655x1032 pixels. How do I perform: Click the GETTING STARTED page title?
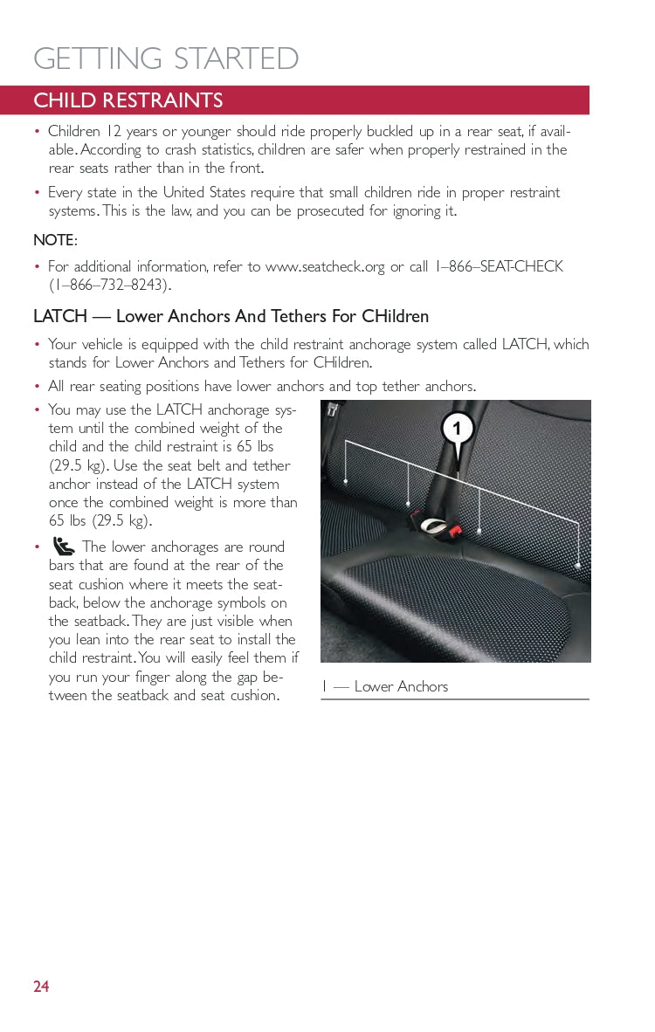(166, 58)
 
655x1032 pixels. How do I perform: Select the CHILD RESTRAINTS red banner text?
(128, 100)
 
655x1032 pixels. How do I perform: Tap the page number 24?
(41, 987)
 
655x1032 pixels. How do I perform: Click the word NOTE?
(54, 240)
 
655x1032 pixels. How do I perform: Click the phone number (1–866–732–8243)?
(110, 285)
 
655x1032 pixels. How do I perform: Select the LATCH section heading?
(231, 316)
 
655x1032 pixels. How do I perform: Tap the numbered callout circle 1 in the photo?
(458, 429)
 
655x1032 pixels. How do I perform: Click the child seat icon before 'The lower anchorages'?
(64, 547)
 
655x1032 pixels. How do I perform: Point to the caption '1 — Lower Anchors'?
(384, 686)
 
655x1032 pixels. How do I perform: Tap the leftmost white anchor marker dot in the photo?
(347, 482)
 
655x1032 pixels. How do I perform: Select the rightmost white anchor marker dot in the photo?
(578, 565)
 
